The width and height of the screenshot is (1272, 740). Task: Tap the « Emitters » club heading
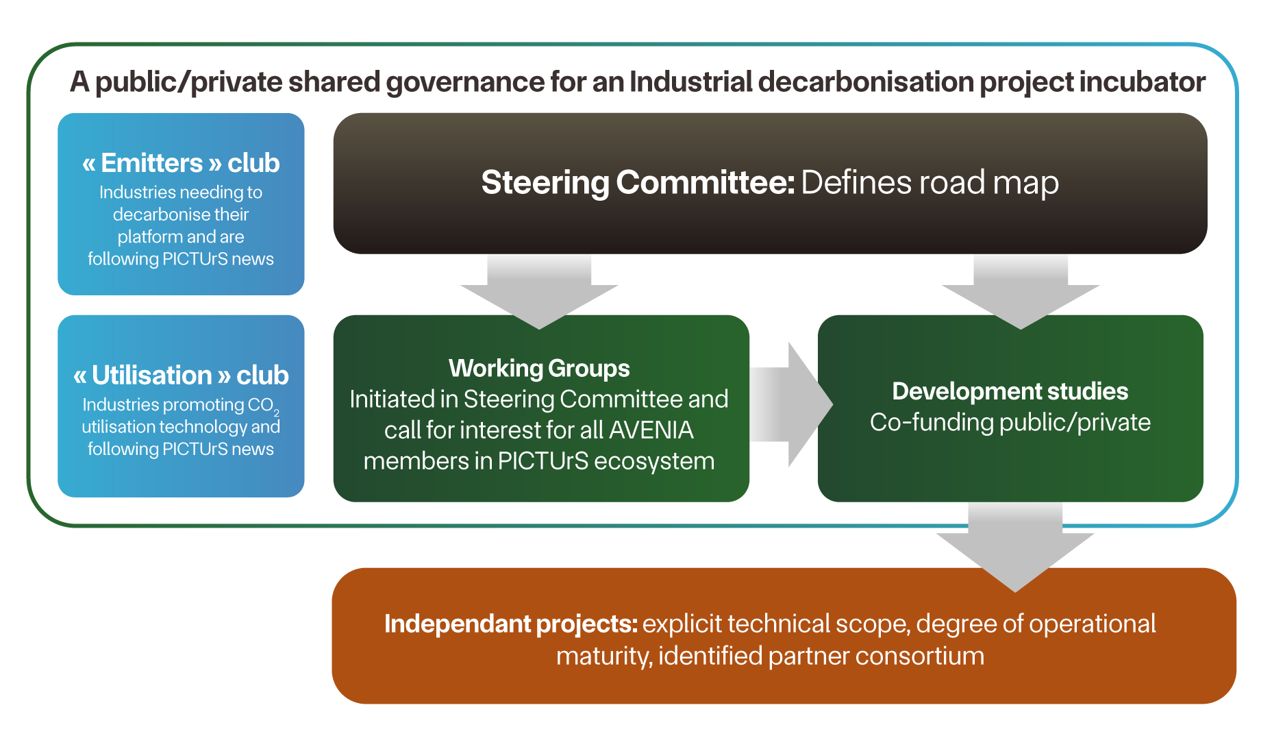pyautogui.click(x=181, y=163)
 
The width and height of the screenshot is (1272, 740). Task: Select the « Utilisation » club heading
pyautogui.click(x=181, y=375)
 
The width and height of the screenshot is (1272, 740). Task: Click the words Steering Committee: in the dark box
pyautogui.click(x=638, y=182)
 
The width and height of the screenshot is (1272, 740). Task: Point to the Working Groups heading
pyautogui.click(x=539, y=369)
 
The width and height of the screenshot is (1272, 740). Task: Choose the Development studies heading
pyautogui.click(x=1010, y=391)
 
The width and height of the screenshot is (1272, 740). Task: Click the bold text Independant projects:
pyautogui.click(x=511, y=624)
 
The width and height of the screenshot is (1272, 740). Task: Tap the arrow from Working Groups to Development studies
pyautogui.click(x=791, y=404)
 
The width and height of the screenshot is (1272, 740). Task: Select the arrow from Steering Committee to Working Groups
pyautogui.click(x=539, y=291)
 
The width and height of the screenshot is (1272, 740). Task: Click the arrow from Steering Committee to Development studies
pyautogui.click(x=1021, y=291)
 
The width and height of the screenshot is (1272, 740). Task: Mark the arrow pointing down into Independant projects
pyautogui.click(x=1015, y=547)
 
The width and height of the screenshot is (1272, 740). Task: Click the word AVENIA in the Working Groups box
pyautogui.click(x=651, y=430)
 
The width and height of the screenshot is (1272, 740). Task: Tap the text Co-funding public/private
pyautogui.click(x=1010, y=423)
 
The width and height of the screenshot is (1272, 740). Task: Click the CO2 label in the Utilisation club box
pyautogui.click(x=263, y=406)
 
